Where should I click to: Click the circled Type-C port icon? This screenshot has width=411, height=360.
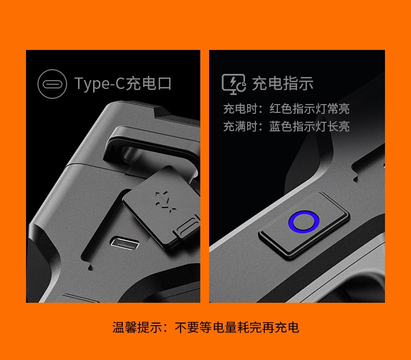[52, 84]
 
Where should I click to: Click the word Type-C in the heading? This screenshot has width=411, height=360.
[99, 84]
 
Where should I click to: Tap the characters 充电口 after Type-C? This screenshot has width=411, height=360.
[148, 83]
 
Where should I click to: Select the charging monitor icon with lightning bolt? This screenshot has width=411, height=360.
[234, 84]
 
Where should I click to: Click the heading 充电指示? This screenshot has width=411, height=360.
[282, 83]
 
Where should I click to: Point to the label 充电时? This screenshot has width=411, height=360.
[240, 109]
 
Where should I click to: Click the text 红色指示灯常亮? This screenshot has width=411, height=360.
[310, 109]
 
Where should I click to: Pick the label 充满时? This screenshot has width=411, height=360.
[240, 126]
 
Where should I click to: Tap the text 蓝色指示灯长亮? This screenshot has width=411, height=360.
[310, 126]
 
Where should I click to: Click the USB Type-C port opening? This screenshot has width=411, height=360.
[124, 243]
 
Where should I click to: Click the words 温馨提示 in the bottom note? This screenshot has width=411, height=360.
[137, 327]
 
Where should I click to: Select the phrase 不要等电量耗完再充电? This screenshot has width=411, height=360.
[237, 327]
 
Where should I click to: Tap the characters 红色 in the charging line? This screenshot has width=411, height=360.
[281, 109]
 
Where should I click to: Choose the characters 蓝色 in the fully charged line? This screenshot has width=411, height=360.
[281, 126]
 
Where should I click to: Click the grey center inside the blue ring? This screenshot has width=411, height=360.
[304, 222]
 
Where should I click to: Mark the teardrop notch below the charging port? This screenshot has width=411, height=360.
[91, 267]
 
